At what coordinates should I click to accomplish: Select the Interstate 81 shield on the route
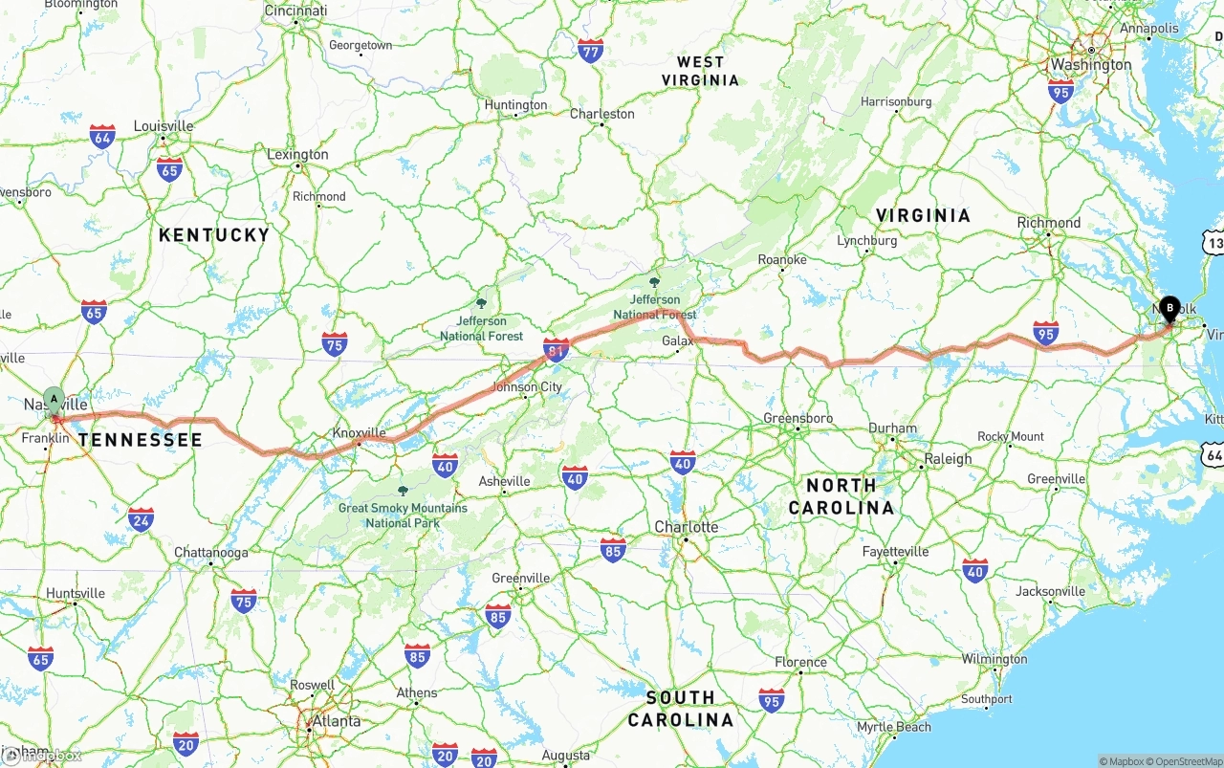click(556, 350)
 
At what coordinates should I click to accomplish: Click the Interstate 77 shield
click(591, 51)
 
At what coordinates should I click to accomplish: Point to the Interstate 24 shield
click(141, 519)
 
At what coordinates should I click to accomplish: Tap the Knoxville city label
click(359, 432)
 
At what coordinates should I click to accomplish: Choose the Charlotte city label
click(686, 527)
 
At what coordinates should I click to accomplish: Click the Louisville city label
click(164, 126)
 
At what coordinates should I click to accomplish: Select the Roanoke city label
click(782, 259)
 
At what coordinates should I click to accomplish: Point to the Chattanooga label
click(211, 553)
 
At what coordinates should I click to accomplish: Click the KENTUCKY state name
click(214, 234)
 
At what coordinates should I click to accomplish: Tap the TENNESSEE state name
click(141, 440)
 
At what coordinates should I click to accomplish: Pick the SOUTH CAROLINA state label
click(680, 709)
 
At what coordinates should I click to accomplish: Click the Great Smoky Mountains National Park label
click(403, 516)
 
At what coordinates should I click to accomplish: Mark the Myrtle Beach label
click(894, 727)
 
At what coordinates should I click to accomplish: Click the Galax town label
click(677, 340)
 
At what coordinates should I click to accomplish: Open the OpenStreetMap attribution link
click(1189, 761)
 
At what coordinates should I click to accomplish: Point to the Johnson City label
click(527, 387)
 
